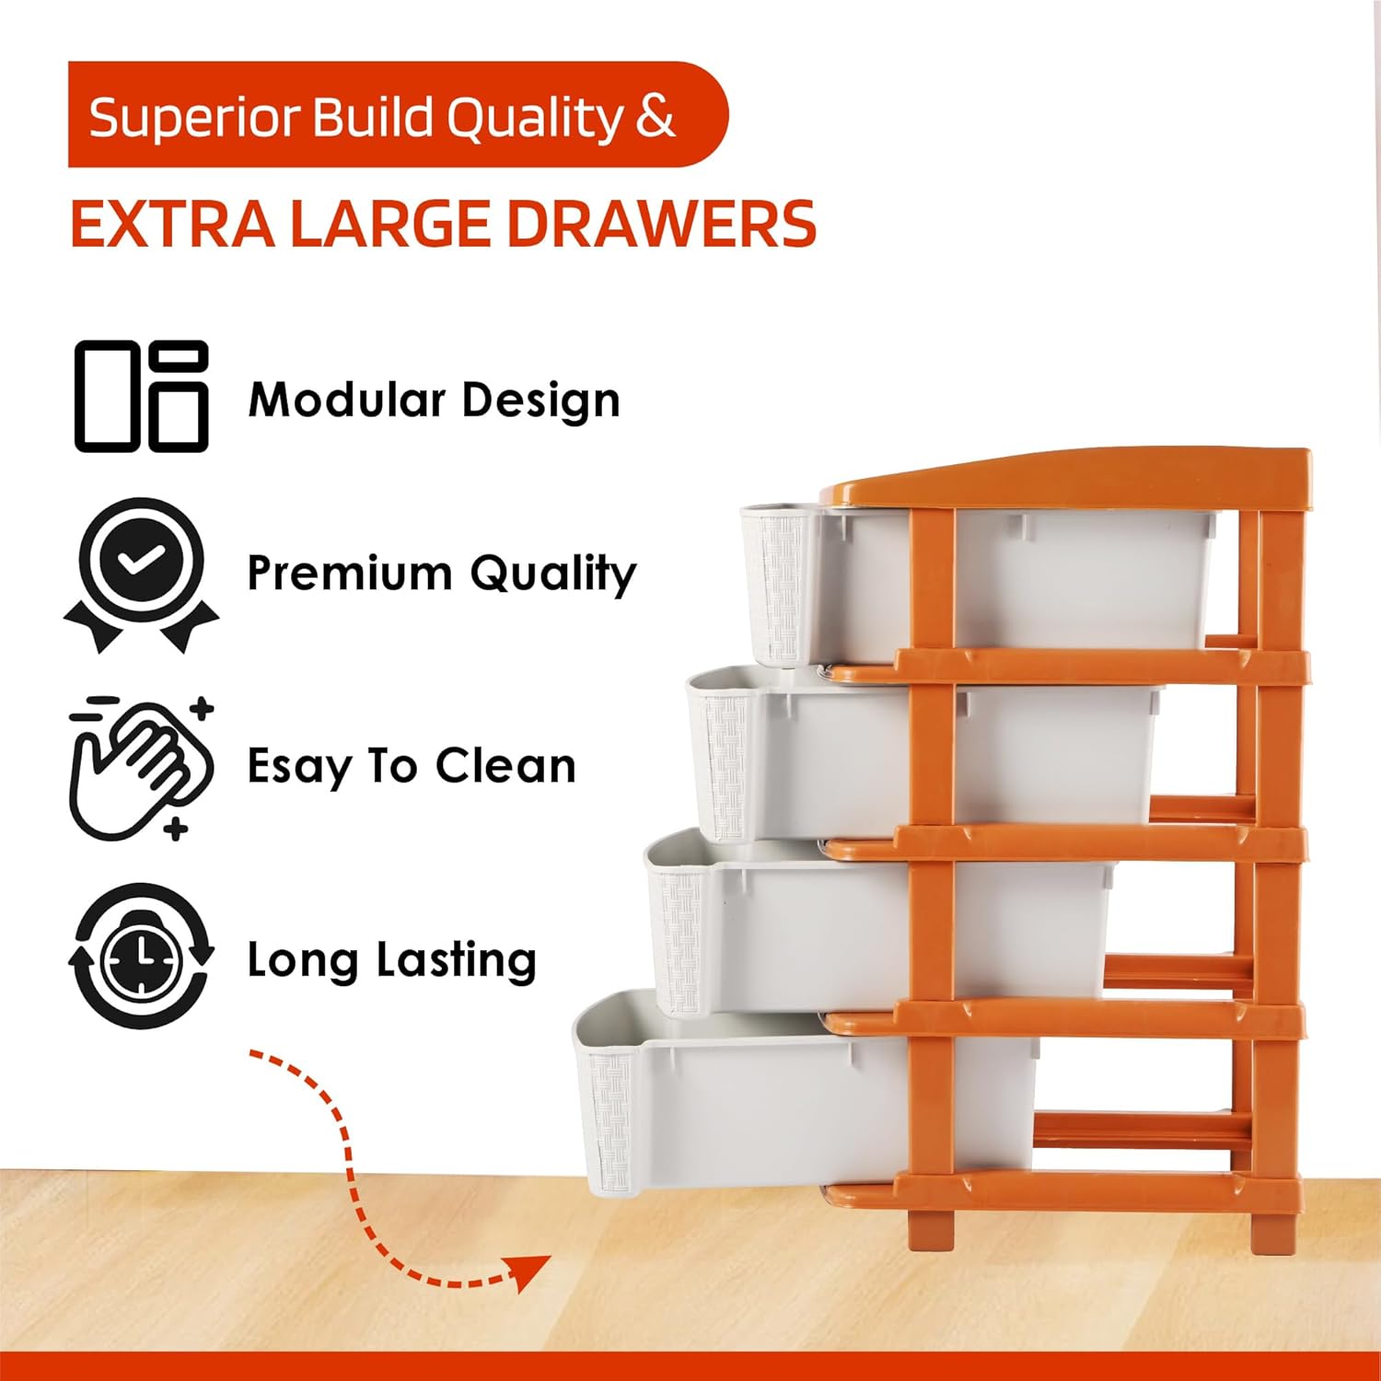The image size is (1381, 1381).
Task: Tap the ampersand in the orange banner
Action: point(655,118)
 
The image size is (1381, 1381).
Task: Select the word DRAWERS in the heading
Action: point(662,224)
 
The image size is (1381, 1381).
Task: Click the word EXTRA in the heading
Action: point(172,224)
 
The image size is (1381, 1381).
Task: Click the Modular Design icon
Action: point(141,396)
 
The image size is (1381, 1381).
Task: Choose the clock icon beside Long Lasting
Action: point(141,957)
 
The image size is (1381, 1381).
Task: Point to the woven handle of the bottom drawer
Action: point(611,1117)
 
